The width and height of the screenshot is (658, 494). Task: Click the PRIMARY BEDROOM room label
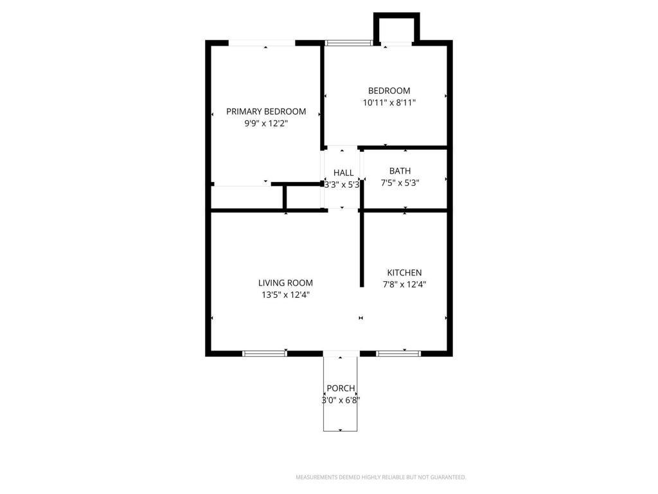[266, 111]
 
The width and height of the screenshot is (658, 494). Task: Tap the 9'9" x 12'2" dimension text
[266, 123]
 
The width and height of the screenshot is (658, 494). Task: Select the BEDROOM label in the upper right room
[389, 91]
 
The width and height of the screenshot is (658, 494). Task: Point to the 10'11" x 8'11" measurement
[389, 102]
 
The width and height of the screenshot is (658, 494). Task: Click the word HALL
[343, 172]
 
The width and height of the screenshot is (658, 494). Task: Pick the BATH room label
[400, 170]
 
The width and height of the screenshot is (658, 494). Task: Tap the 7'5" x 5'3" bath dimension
[400, 183]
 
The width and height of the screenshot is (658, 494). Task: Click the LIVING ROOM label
[285, 282]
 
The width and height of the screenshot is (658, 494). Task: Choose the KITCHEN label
[404, 272]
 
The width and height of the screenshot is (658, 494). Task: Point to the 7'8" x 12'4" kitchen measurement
[404, 284]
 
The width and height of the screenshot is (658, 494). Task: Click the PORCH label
[341, 388]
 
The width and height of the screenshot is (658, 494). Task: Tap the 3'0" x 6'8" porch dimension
[341, 400]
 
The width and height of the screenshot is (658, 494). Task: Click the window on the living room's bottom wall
[264, 353]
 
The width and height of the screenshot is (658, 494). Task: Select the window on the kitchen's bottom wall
[398, 353]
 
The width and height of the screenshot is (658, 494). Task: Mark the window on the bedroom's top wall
[348, 43]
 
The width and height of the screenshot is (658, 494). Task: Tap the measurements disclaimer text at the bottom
[380, 477]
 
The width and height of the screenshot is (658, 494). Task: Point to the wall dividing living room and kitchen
[361, 251]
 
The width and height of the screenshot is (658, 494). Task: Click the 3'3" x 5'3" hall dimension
[342, 184]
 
